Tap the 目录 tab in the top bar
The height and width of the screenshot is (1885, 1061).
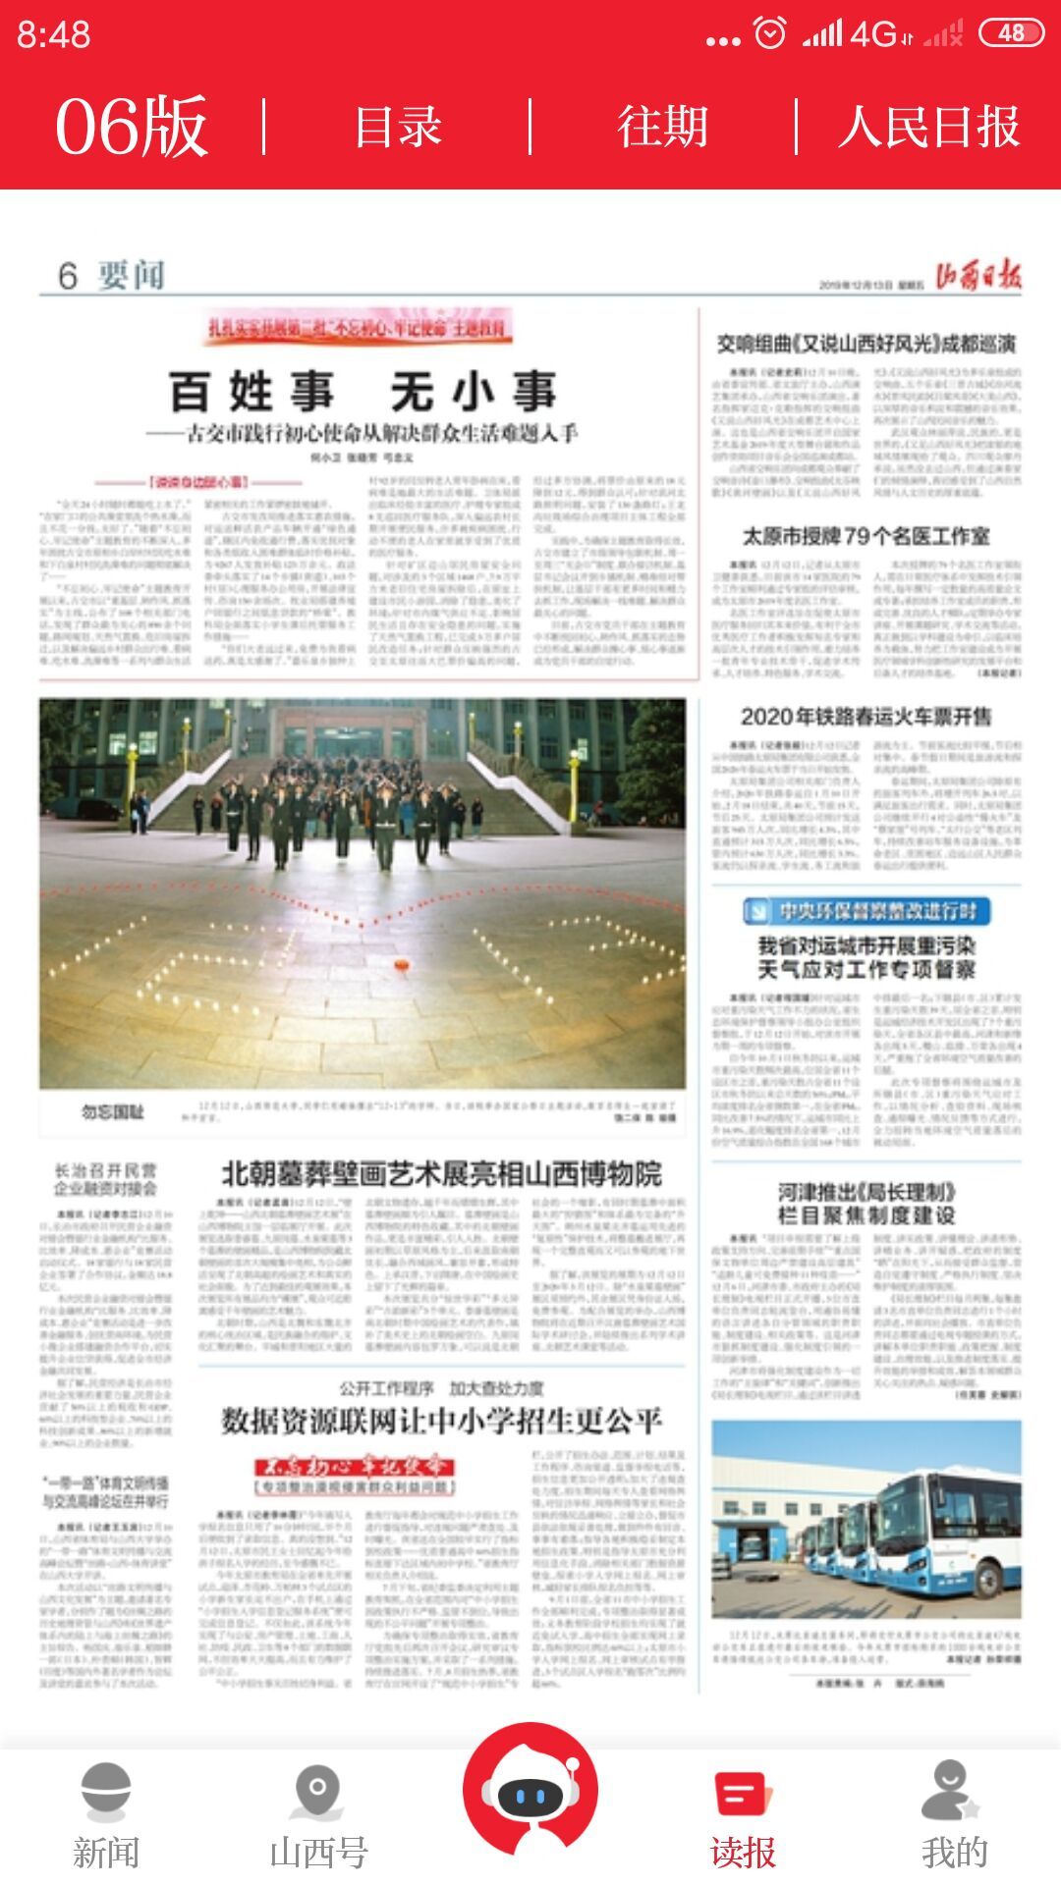tap(398, 128)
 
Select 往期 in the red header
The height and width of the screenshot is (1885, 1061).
tap(663, 128)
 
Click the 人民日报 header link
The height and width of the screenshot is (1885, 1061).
tap(928, 128)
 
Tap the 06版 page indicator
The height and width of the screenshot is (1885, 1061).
tap(132, 128)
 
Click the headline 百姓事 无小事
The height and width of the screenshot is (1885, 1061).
tap(363, 392)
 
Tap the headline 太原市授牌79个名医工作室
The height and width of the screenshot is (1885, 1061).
tap(866, 536)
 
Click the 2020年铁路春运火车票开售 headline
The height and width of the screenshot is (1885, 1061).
tap(866, 717)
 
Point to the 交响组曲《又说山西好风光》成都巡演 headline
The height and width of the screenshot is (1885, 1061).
tap(866, 344)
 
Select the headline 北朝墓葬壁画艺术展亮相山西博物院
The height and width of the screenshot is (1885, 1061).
tap(441, 1173)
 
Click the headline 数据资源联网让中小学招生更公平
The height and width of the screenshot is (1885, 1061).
tap(441, 1421)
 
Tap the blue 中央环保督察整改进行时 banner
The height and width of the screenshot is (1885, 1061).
tap(866, 911)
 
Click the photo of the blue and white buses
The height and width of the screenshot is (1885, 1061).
tap(866, 1518)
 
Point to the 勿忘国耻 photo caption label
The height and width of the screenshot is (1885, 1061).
tap(112, 1112)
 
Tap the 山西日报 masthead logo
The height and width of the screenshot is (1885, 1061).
tap(977, 277)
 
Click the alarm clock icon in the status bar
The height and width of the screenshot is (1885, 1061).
tap(769, 33)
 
